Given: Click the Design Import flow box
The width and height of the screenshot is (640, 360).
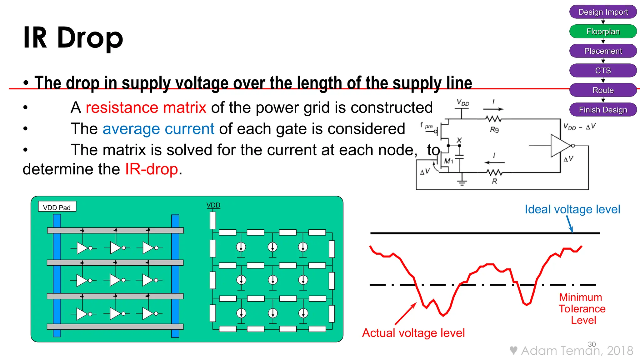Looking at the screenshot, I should [603, 12].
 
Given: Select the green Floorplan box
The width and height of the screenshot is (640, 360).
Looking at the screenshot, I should [603, 31].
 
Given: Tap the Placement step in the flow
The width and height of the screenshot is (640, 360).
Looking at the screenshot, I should [603, 51].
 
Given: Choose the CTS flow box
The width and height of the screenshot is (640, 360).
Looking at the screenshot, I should [603, 71].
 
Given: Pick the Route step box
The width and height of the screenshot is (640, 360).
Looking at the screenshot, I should [603, 90].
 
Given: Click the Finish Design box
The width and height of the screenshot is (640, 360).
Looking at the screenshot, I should [603, 110].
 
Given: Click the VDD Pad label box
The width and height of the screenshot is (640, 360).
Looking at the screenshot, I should [57, 207].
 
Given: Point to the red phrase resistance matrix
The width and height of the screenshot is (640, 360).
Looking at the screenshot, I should [146, 107].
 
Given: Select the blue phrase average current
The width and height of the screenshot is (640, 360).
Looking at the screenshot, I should [158, 129].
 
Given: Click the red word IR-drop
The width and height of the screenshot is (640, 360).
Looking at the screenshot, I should [152, 169].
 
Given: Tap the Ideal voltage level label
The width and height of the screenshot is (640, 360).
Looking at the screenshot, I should [572, 209].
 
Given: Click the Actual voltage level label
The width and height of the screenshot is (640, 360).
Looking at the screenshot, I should [413, 333].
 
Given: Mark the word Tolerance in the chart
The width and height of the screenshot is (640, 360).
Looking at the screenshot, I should [582, 309].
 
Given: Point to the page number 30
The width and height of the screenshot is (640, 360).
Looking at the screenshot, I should [592, 344].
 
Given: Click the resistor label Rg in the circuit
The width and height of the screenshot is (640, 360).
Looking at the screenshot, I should [494, 129].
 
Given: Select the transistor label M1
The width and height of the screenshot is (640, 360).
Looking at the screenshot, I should [448, 161].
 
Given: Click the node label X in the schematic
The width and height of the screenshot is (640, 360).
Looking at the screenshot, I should [459, 140].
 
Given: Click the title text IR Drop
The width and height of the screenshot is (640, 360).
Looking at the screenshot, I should [73, 37].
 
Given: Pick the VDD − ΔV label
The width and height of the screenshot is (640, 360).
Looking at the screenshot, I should [579, 127].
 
